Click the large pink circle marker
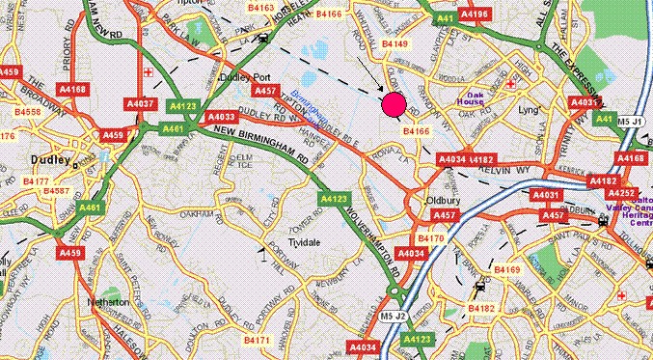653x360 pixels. tap(394, 105)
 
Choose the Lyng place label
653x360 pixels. tap(530, 111)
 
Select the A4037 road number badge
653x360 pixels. tap(140, 103)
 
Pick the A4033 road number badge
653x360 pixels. tap(218, 117)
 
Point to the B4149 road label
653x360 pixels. tap(396, 43)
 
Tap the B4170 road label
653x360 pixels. tap(429, 237)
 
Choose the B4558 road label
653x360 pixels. tap(29, 112)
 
